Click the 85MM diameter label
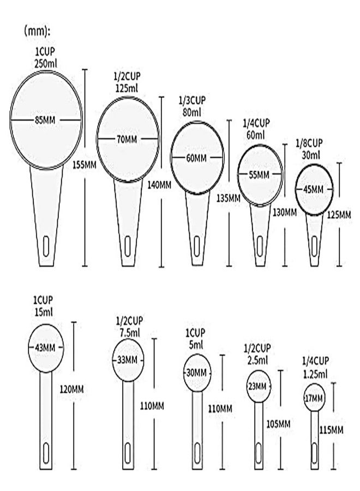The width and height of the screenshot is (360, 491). click(45, 119)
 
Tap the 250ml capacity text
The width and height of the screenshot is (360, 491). click(45, 64)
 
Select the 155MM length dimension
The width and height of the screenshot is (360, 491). click(84, 164)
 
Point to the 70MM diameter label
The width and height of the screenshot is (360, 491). click(127, 139)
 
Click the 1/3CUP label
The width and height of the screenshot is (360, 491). click(192, 100)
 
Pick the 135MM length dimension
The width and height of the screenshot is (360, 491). click(229, 198)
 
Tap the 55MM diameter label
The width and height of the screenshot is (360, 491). click(259, 175)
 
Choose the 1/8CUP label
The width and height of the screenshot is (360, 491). click(309, 143)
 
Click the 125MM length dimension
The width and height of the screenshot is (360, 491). click(339, 215)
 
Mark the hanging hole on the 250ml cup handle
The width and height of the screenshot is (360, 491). click(46, 246)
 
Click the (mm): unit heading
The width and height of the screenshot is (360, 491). click(37, 32)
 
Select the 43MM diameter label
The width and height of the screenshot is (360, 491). click(45, 348)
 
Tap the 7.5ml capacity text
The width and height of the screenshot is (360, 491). click(130, 333)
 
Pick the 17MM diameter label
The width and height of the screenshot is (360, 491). click(314, 398)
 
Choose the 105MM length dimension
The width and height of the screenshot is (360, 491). click(278, 424)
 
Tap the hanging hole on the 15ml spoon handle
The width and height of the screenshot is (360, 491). click(46, 453)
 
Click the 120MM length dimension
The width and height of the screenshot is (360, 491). click(71, 390)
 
